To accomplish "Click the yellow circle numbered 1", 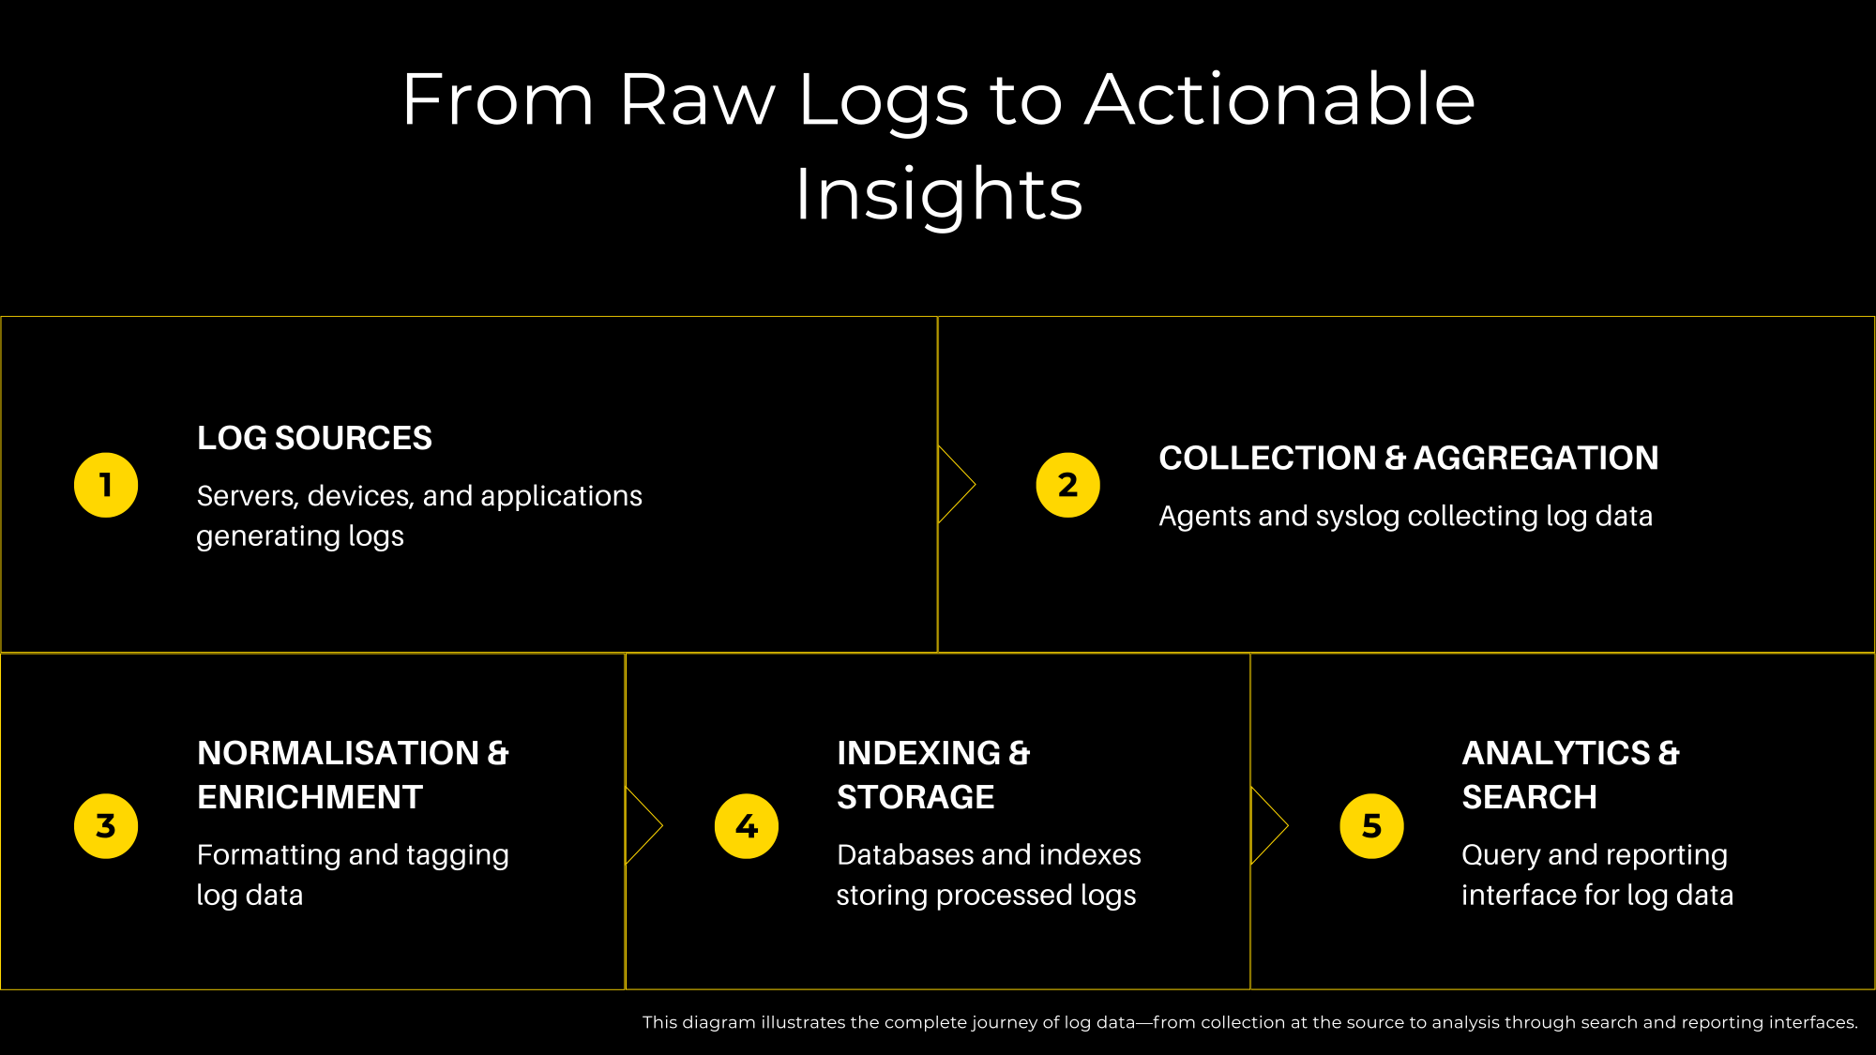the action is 106,485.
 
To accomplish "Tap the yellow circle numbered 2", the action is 1067,485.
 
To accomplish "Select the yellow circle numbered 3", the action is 106,826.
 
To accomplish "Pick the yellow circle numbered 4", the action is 747,826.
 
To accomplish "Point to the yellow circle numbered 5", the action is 1371,826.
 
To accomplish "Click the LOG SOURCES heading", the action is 314,438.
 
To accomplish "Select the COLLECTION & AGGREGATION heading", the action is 1409,458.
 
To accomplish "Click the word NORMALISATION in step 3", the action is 339,753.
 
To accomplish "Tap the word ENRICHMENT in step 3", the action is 310,797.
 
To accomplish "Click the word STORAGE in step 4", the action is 915,797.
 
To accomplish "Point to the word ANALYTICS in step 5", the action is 1556,753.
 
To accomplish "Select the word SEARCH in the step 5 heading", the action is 1529,797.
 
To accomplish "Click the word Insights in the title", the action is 939,196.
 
